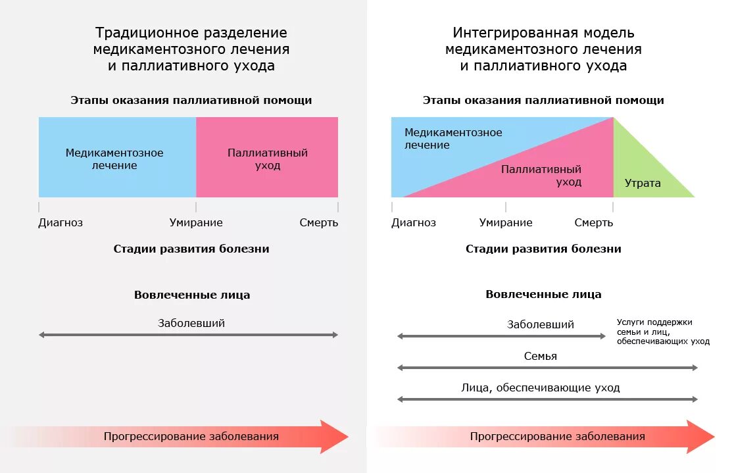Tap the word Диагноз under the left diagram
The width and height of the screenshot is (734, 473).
point(61,222)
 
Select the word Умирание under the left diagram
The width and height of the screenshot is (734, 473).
point(196,222)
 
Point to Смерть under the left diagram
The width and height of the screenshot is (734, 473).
point(319,222)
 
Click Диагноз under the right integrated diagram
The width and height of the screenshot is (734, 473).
point(414,222)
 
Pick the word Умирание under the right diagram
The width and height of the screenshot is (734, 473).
point(506,222)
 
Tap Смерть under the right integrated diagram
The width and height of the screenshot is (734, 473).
point(593,222)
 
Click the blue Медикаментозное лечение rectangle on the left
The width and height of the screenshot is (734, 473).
point(114,159)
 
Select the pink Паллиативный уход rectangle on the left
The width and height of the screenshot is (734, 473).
point(268,159)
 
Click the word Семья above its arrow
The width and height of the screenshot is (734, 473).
point(541,356)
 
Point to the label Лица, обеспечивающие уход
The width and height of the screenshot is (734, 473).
point(541,387)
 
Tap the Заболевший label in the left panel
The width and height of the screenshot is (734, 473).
point(191,323)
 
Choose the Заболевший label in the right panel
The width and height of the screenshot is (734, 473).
point(541,324)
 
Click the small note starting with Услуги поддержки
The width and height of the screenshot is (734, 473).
point(663,332)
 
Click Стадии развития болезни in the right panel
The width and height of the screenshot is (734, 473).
point(543,249)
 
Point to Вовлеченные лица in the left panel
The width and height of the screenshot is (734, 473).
point(192,295)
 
